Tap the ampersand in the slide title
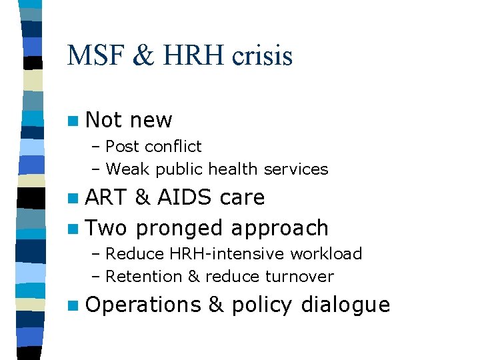coord(143,55)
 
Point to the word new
coord(151,120)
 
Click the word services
coord(296,169)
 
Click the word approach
coord(279,228)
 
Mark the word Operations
coord(143,305)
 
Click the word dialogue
coord(345,305)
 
